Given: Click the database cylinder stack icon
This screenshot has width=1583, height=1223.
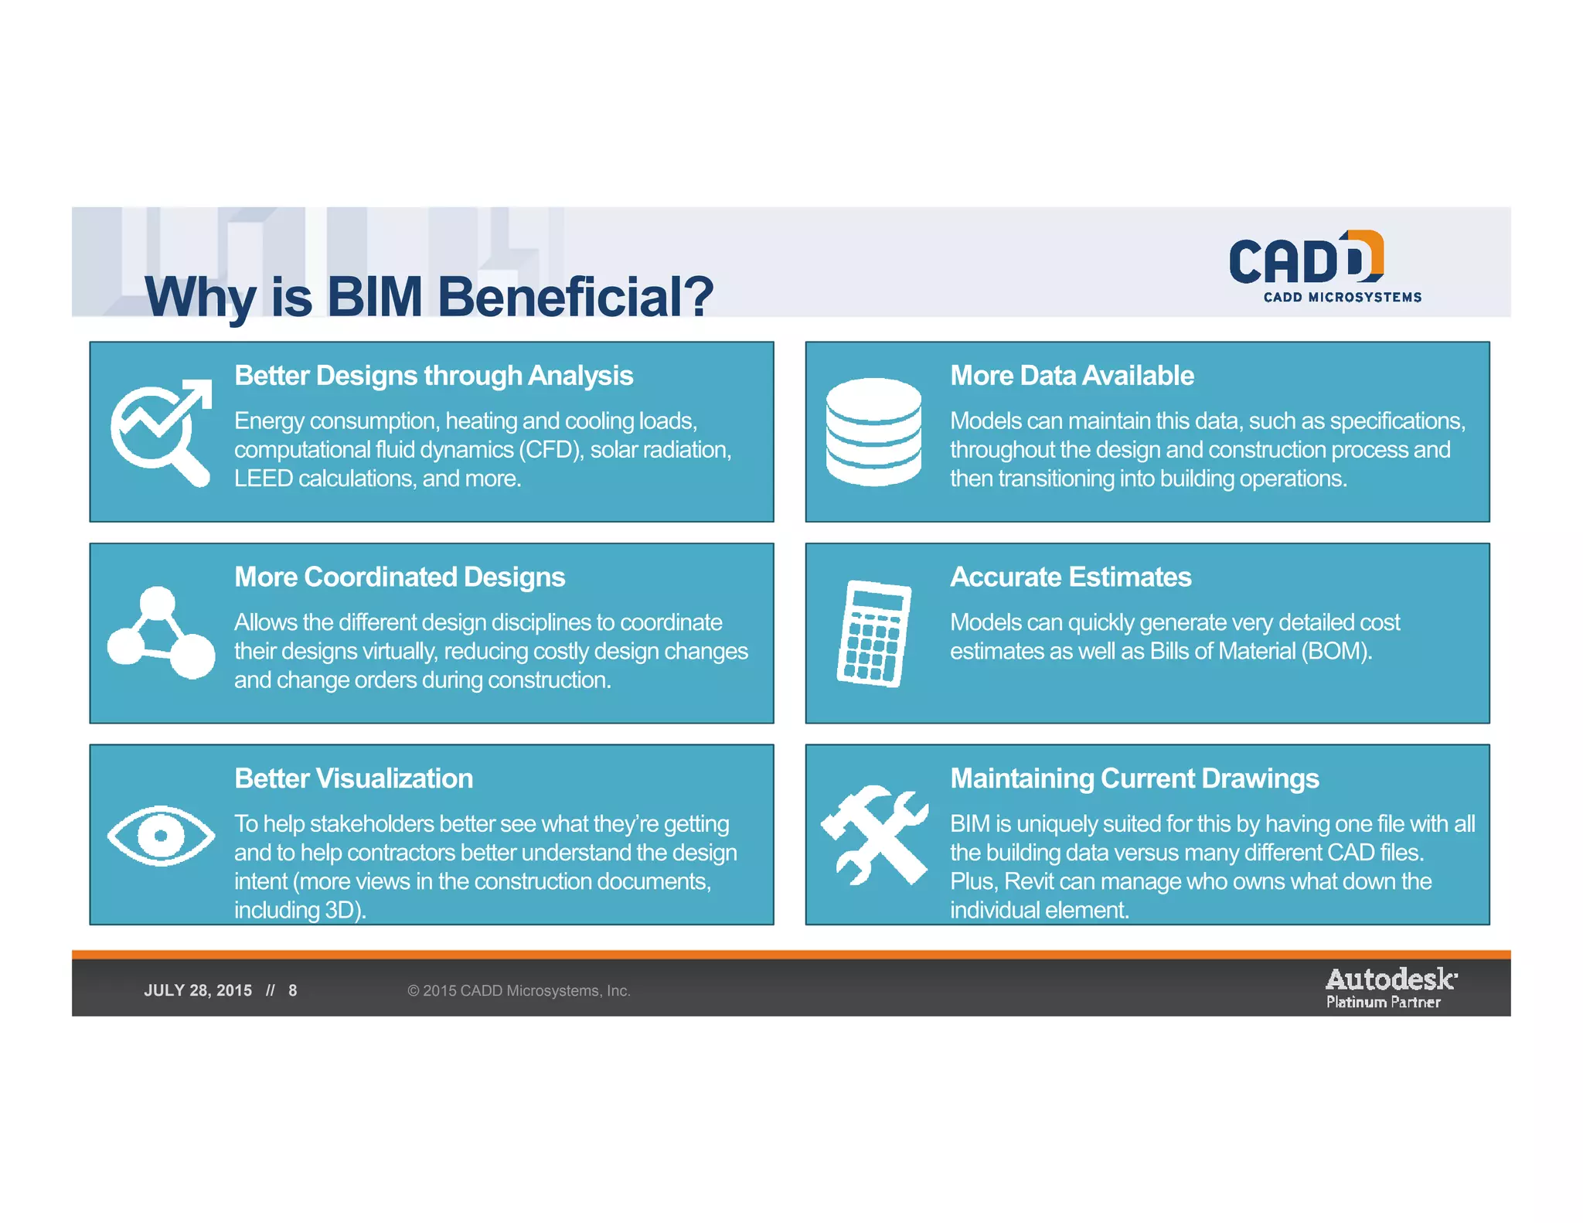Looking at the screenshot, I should (873, 431).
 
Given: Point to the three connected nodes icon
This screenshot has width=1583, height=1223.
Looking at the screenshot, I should (161, 633).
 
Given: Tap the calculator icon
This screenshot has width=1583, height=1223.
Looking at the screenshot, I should (873, 633).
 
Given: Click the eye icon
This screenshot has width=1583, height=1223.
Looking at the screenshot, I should (161, 835).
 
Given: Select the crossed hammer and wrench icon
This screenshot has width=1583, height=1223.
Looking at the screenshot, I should (873, 835).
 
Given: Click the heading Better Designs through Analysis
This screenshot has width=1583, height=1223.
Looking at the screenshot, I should (434, 376).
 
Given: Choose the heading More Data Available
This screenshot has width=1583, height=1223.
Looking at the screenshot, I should (1071, 376).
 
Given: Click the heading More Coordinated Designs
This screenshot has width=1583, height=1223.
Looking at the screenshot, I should (400, 577).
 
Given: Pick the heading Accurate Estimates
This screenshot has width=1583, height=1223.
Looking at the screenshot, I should (1071, 577).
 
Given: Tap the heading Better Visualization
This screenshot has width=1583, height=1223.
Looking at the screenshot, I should (353, 778).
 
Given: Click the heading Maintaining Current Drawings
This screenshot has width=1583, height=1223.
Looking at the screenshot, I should (1134, 778).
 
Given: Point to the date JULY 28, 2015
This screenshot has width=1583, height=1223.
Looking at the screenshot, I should (198, 990).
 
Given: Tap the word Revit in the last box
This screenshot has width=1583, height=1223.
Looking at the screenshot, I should (1029, 881).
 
